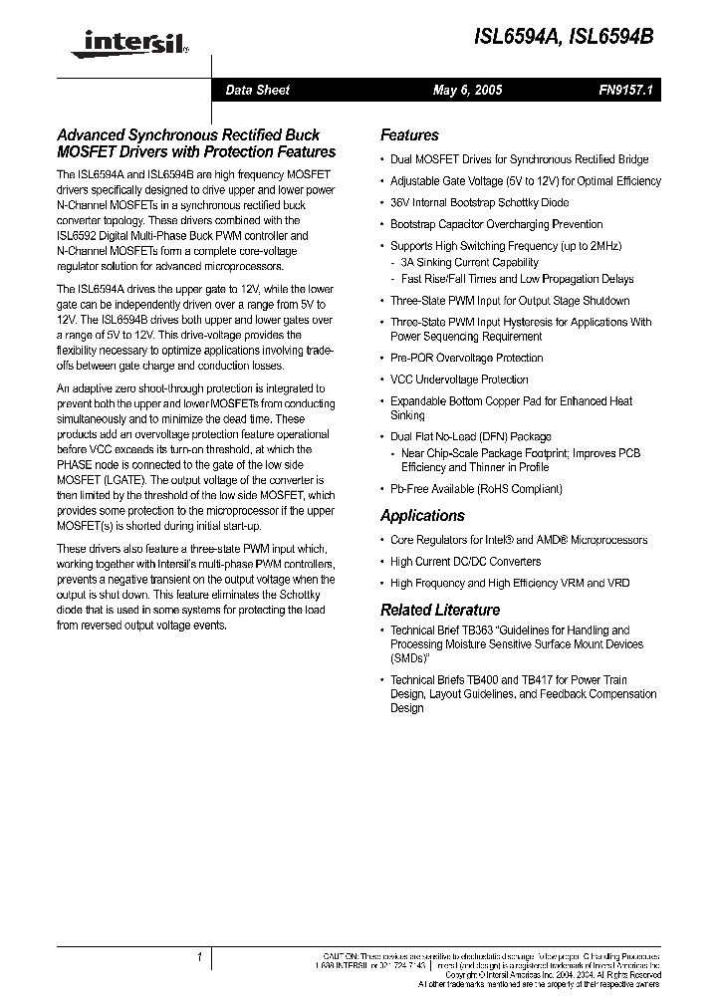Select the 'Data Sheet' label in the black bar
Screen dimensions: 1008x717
(x=257, y=90)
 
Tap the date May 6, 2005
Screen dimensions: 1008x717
(x=467, y=90)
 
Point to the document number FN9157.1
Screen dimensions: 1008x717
(x=624, y=90)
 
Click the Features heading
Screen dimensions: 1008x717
(x=409, y=135)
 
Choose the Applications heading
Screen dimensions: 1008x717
(x=422, y=516)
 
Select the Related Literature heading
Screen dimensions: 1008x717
(x=440, y=610)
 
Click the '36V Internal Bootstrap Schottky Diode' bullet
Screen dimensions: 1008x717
(x=479, y=202)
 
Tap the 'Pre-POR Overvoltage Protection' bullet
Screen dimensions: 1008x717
(x=466, y=358)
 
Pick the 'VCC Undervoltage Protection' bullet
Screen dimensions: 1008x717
(x=459, y=379)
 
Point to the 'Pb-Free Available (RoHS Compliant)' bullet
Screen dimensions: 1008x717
(x=476, y=489)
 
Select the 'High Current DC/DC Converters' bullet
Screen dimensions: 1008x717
(x=465, y=562)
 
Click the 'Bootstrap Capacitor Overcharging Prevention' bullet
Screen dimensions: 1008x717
(x=496, y=224)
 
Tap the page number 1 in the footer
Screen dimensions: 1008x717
(x=200, y=957)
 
